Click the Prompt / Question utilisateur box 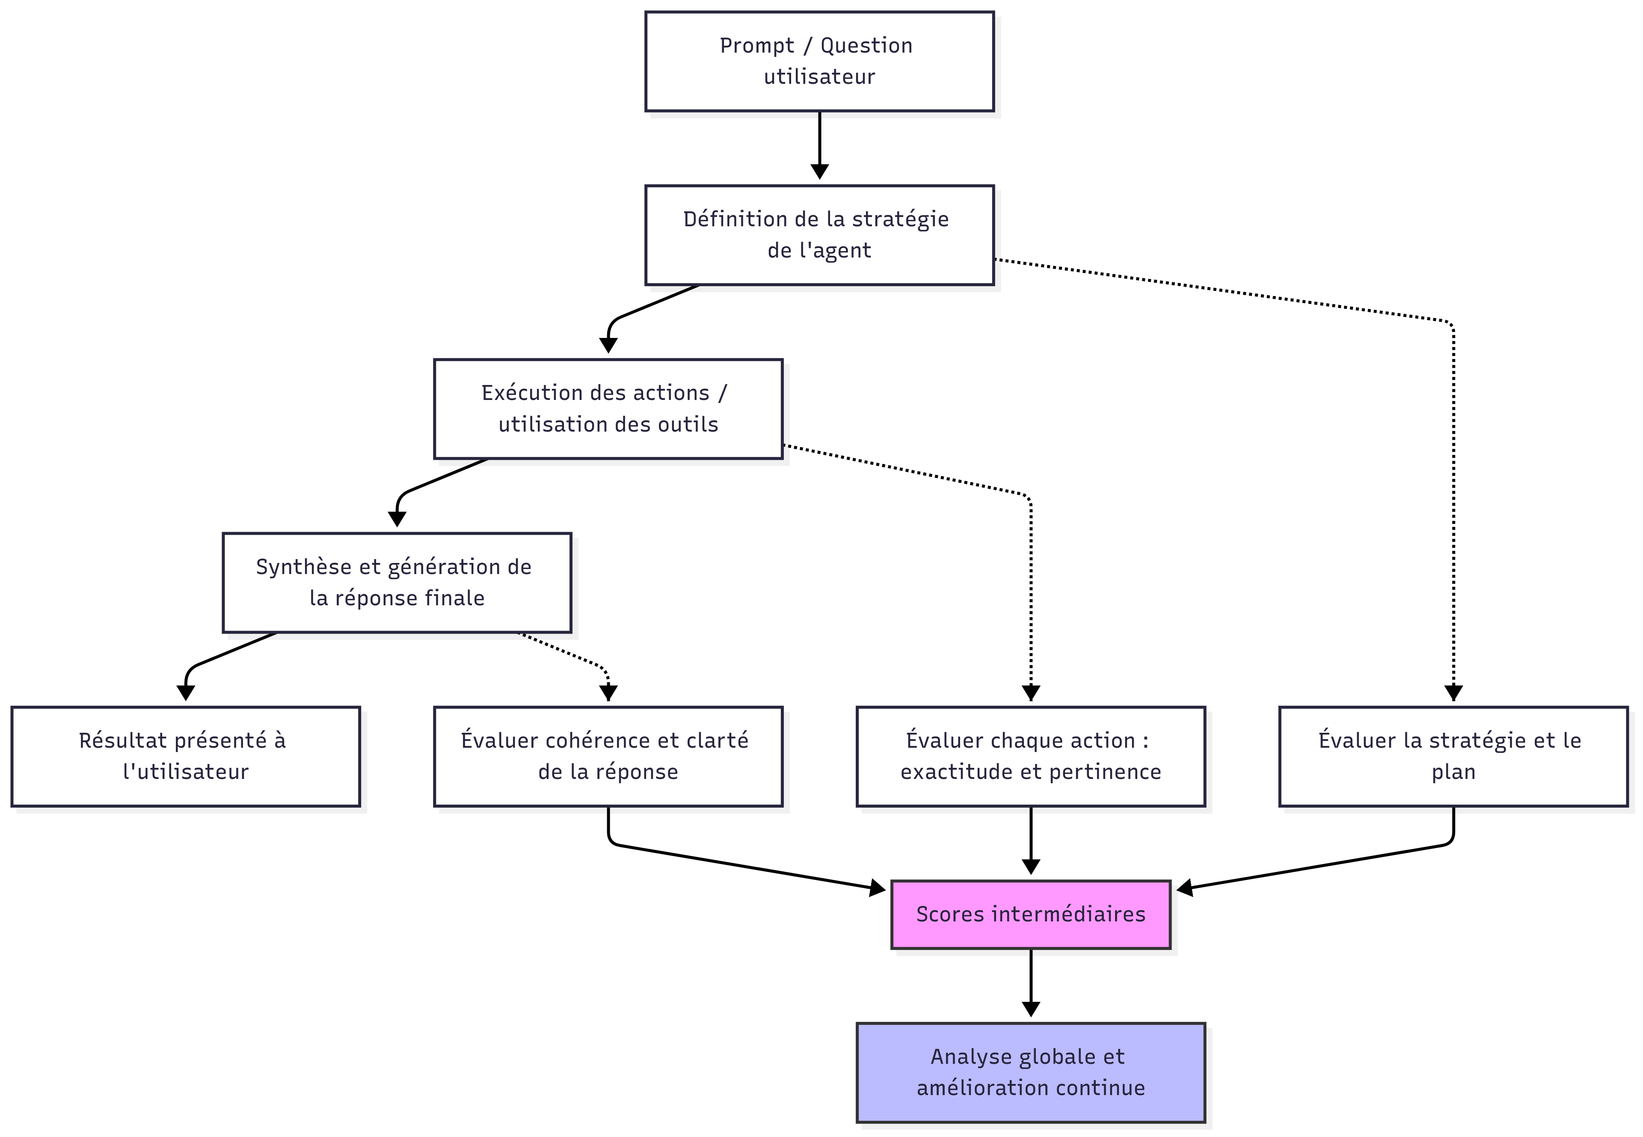(819, 61)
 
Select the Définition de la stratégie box (819, 235)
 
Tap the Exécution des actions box (608, 409)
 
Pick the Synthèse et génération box (397, 583)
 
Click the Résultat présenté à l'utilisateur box (185, 757)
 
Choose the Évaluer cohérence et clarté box (608, 757)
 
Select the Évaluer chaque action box (1030, 757)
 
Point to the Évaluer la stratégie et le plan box (1453, 757)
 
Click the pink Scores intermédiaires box (1030, 915)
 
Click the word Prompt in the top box (756, 46)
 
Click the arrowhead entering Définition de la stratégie (819, 172)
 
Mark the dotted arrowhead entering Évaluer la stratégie (1453, 693)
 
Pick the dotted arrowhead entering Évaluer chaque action (1030, 693)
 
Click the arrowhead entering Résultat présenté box (185, 693)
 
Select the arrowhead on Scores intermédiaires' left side (878, 888)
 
